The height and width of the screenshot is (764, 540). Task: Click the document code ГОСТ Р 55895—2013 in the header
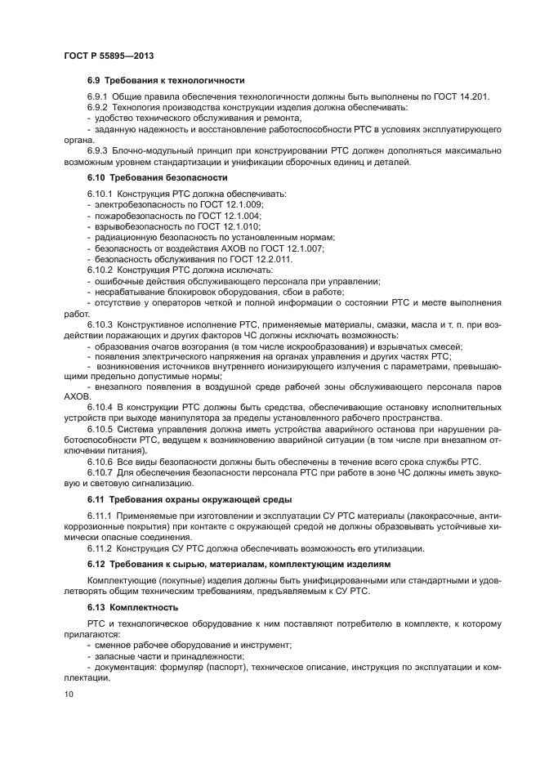pos(109,55)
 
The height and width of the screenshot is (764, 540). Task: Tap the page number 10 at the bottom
pos(69,694)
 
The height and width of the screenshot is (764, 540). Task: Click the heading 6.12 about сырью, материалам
pos(228,564)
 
